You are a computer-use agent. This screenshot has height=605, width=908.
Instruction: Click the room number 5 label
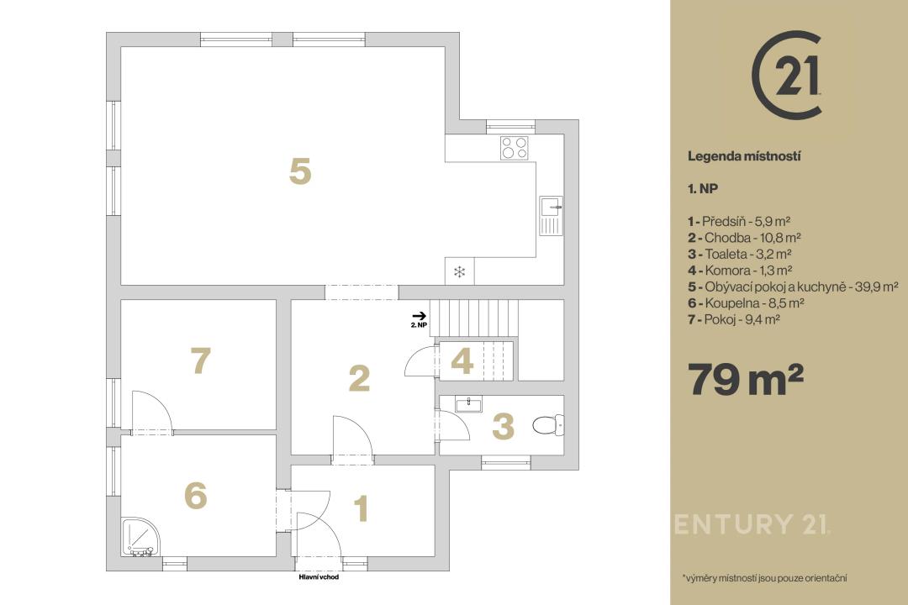[x=300, y=171]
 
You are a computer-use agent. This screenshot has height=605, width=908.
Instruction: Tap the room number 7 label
[x=200, y=360]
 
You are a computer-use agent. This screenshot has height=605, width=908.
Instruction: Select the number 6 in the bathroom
[x=196, y=496]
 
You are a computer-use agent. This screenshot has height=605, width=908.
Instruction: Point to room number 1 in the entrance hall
[x=362, y=508]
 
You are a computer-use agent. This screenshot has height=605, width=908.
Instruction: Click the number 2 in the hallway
[x=360, y=378]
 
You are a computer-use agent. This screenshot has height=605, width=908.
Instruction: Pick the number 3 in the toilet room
[x=503, y=426]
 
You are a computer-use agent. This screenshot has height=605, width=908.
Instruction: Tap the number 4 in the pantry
[x=462, y=361]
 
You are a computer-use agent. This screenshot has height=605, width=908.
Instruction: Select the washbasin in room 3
[x=468, y=404]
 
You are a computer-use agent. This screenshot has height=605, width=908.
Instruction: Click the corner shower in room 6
[x=137, y=537]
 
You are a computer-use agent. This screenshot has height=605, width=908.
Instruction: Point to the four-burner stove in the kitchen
[x=515, y=147]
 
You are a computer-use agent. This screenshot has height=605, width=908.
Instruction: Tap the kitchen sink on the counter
[x=551, y=215]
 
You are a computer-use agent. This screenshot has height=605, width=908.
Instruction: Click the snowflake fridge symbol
[x=459, y=271]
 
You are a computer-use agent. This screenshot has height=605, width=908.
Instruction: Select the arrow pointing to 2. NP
[x=420, y=316]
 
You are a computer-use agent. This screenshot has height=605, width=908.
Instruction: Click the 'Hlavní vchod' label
[x=319, y=577]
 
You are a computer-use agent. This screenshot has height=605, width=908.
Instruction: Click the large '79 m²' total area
[x=745, y=379]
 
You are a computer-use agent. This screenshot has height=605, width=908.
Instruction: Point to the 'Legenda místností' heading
[x=744, y=156]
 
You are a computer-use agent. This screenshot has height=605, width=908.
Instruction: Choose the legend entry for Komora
[x=740, y=271]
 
